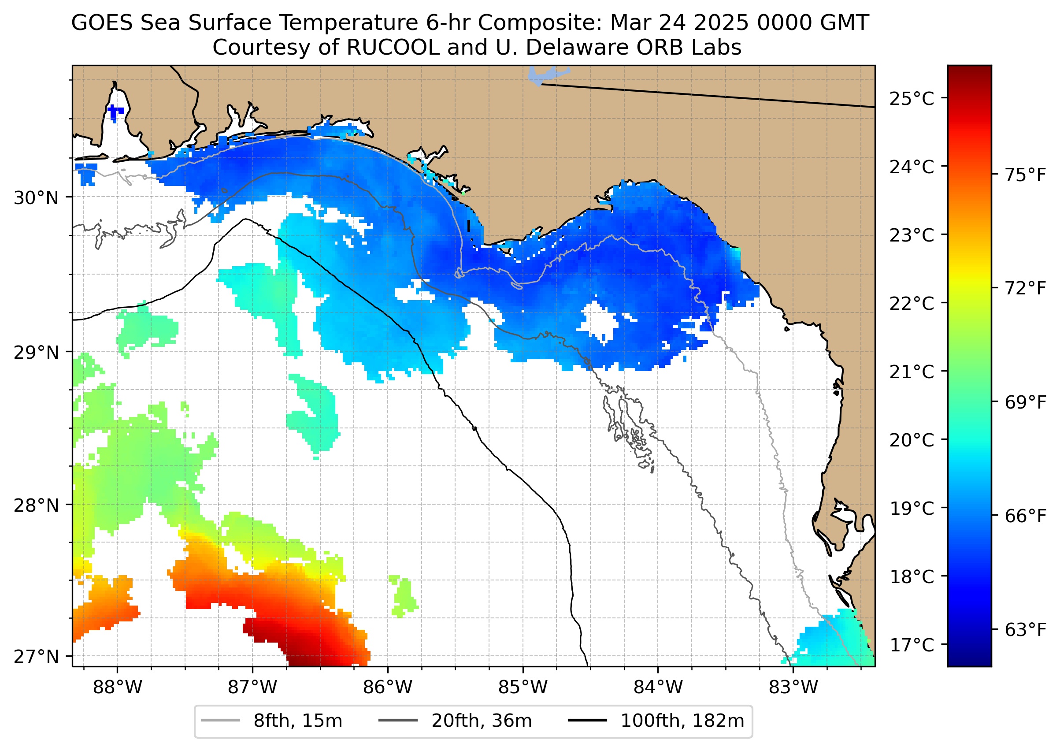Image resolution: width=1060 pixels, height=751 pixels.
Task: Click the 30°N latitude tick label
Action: tap(36, 198)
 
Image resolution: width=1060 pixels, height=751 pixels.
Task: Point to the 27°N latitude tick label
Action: tap(36, 656)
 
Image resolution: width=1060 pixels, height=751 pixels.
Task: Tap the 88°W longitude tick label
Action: tap(118, 688)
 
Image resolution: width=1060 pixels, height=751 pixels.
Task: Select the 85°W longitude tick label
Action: tap(523, 688)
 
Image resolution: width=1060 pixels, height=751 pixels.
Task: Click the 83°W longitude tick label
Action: tap(793, 688)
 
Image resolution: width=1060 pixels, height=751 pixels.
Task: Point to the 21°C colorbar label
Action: tap(912, 372)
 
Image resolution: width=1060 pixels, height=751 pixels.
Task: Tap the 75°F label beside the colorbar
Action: tap(1025, 176)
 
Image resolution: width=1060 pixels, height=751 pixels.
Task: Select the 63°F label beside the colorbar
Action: tap(1025, 630)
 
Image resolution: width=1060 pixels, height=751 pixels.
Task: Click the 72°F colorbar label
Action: tap(1025, 289)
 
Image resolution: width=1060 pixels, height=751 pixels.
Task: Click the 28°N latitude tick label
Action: tap(36, 506)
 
